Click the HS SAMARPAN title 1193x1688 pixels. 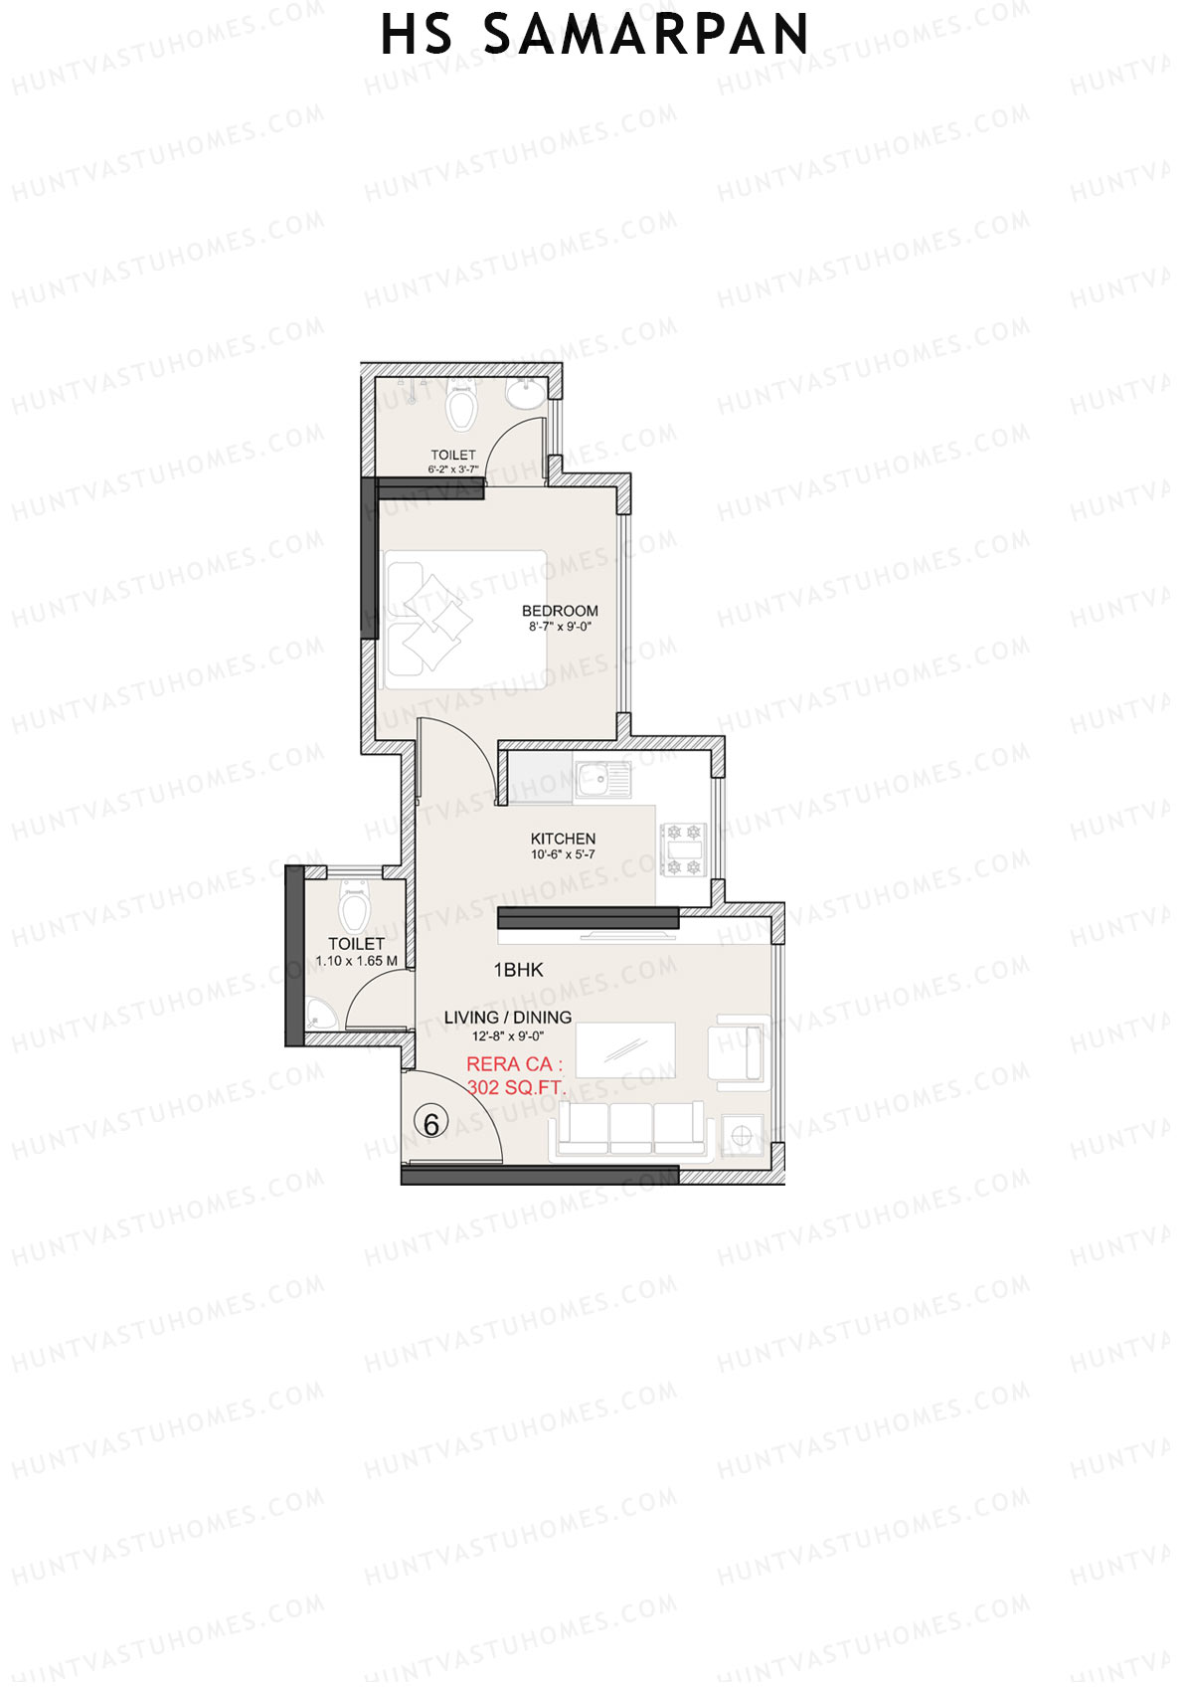coord(595,36)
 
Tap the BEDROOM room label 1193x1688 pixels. coord(560,611)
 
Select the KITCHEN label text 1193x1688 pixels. coord(563,839)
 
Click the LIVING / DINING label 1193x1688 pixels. coord(507,1017)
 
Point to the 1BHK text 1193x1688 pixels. coord(518,970)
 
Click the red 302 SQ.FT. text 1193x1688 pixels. coord(516,1087)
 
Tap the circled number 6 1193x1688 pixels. coord(431,1124)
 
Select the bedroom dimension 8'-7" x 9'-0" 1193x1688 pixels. coord(561,628)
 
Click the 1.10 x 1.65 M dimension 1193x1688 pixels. coord(356,961)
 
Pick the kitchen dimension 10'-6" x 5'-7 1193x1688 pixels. coord(563,854)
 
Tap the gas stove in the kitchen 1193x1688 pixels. coord(684,849)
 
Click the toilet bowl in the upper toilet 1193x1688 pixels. coord(460,407)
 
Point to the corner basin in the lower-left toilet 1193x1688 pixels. coord(321,1016)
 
